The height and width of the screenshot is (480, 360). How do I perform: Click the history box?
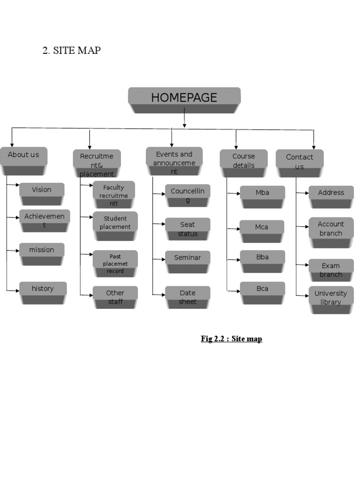[x=43, y=290]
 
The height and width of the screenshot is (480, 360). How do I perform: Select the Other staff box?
[x=115, y=298]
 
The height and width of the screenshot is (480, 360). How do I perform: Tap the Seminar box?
[x=187, y=259]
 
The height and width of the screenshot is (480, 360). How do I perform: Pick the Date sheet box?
[x=187, y=298]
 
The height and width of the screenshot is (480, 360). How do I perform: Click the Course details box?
[x=243, y=161]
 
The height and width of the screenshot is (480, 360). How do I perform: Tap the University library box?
[x=331, y=298]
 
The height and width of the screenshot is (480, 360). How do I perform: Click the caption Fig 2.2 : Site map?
[x=232, y=338]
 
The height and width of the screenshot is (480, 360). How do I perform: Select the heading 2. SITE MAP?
[x=72, y=51]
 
